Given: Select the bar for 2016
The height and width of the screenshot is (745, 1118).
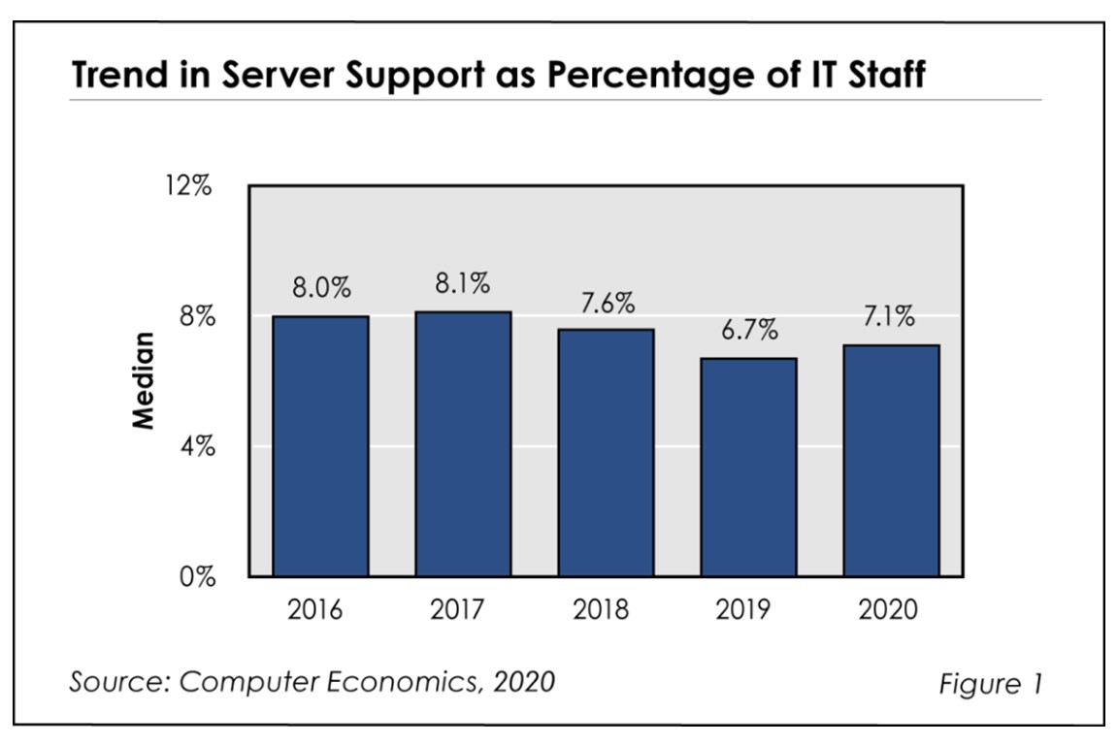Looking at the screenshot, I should (320, 446).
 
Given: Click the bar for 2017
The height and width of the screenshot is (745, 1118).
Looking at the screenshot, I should (463, 444).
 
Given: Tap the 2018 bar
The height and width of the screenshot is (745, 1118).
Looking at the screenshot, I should (606, 453).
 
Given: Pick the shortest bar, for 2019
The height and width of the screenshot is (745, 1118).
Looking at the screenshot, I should (748, 468).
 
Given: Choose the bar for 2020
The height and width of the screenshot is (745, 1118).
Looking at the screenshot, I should (891, 461).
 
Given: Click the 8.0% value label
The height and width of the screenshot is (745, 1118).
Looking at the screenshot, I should (321, 289).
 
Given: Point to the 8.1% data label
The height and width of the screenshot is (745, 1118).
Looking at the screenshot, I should (463, 284).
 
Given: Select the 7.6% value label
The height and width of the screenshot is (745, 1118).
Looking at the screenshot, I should (606, 303).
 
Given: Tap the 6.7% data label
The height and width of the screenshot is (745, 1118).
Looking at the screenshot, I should (748, 331).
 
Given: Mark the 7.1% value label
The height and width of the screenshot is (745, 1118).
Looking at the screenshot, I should (891, 318).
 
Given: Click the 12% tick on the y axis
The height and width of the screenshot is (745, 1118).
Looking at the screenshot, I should (187, 186).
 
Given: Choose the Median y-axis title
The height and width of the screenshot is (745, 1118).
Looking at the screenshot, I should (144, 381).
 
